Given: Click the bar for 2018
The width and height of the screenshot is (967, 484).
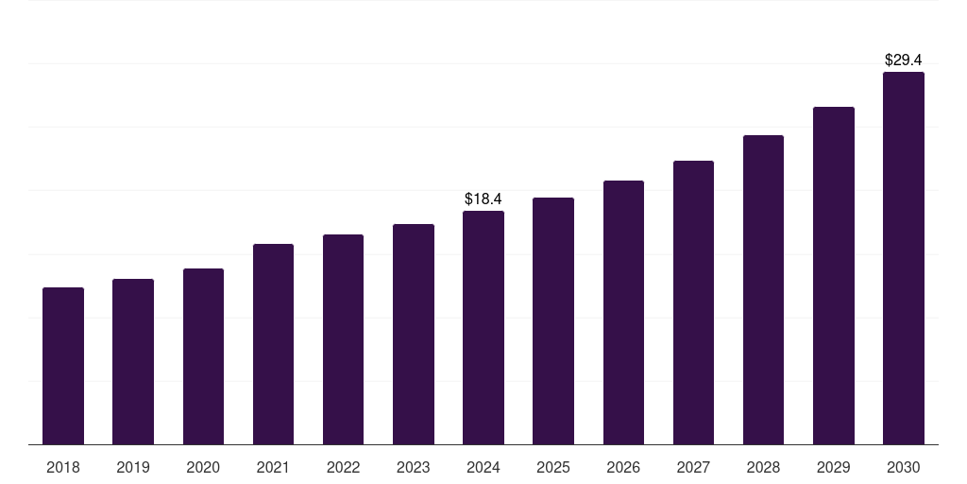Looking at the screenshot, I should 63,366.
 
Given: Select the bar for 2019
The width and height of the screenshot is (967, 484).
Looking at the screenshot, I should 133,361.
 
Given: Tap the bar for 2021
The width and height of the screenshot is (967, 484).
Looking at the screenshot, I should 273,344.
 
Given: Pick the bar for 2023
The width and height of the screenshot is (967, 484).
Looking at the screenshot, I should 414,334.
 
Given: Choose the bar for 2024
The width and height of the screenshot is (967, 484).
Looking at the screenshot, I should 483,327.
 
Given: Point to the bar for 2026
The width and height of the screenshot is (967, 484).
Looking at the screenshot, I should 623,312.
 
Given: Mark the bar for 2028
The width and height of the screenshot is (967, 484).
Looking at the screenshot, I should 763,289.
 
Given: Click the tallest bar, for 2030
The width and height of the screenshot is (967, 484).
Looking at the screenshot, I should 903,258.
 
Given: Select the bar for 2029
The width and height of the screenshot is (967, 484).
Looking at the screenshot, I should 833,275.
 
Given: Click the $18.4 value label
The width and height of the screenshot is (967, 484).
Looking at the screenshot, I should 483,199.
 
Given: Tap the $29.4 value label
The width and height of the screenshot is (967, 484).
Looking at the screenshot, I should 903,60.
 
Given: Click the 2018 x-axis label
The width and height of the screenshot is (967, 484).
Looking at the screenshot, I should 63,467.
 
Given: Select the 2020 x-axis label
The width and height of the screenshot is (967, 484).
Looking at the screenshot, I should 203,467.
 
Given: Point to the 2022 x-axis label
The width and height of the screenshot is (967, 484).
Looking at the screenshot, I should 343,467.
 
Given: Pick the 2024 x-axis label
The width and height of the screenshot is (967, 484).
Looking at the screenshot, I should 483,467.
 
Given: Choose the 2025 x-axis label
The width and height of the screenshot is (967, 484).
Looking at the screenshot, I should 553,467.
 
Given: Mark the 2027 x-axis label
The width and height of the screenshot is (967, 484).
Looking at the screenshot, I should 693,467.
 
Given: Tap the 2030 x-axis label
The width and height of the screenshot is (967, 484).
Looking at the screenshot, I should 903,467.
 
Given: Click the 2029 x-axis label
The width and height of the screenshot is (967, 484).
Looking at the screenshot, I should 833,467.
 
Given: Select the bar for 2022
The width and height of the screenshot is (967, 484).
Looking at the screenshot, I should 343,339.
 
